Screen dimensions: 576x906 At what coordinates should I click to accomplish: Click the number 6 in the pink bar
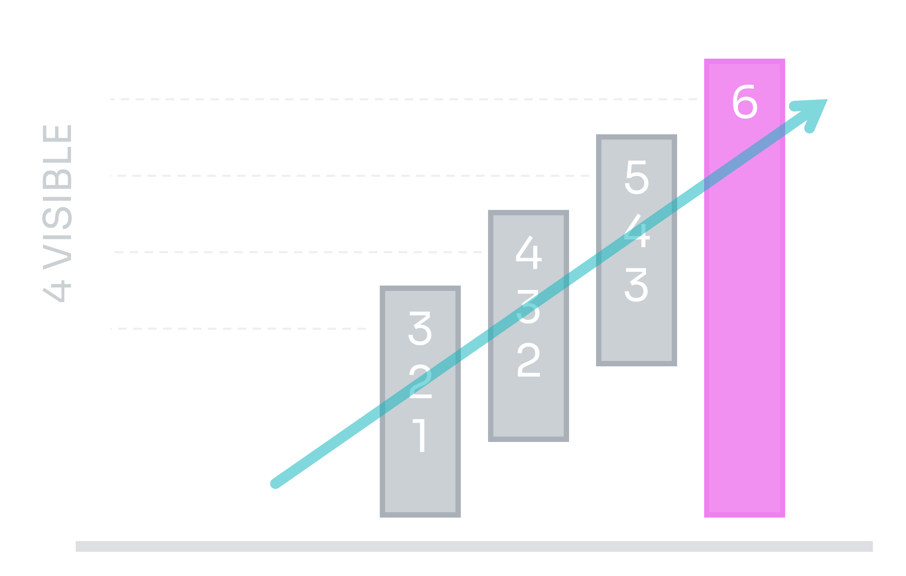[745, 102]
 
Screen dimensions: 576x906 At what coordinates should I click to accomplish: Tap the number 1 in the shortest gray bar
[420, 435]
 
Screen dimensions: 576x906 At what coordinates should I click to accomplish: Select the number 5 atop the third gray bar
[637, 178]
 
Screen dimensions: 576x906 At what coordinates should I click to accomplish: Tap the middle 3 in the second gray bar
[528, 307]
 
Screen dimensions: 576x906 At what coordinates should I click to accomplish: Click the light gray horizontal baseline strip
[474, 546]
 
